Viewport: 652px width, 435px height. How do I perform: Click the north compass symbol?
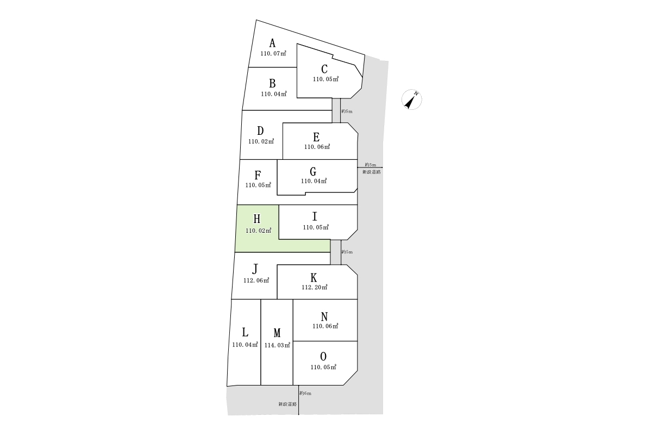pos(412,100)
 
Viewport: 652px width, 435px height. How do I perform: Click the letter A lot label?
pos(273,43)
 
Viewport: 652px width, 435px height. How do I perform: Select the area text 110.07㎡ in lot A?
pos(273,54)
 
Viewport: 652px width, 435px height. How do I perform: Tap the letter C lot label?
pos(324,69)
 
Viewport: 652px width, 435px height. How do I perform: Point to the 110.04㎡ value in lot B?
pos(273,94)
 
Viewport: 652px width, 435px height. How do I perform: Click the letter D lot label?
pos(260,131)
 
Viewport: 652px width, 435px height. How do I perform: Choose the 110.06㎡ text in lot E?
pos(317,147)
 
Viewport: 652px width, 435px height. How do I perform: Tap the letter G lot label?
pos(313,172)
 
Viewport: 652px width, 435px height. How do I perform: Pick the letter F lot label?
pos(258,175)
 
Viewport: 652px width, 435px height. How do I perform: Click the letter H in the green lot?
pos(257,219)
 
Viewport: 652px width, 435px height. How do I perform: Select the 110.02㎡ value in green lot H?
pos(258,231)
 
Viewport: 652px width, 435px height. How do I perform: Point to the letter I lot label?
pos(315,216)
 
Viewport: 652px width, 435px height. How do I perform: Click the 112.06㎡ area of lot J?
pos(256,281)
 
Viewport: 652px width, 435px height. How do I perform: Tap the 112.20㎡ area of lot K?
pos(314,288)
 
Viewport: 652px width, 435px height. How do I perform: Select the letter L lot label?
pos(245,332)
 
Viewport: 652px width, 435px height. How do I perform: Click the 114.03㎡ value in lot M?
pos(277,345)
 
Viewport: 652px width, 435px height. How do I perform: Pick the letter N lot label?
pos(324,316)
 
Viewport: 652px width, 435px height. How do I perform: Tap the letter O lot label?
pos(323,357)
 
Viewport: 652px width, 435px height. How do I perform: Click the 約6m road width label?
pos(305,393)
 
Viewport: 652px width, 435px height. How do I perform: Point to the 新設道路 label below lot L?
pos(287,405)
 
